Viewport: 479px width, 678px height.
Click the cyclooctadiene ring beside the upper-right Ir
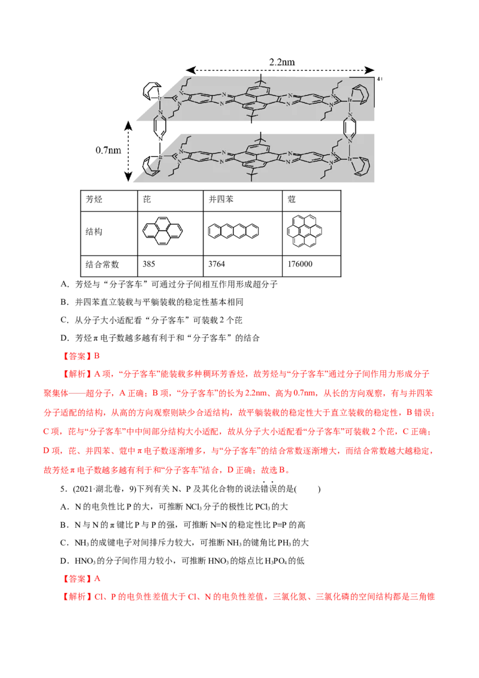[363, 94]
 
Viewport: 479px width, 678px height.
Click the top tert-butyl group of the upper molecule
[260, 78]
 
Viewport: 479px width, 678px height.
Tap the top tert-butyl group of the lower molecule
[260, 137]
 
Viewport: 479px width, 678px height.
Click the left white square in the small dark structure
[290, 222]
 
